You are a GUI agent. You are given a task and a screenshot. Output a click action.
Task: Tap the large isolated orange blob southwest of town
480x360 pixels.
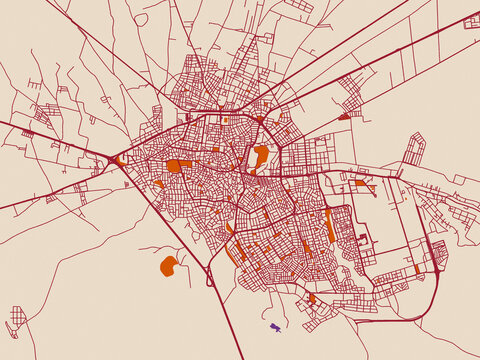pos(168,265)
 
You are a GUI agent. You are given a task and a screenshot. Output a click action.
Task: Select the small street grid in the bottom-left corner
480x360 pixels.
pos(16,317)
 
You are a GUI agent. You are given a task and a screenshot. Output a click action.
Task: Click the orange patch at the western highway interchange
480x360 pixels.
pos(121,159)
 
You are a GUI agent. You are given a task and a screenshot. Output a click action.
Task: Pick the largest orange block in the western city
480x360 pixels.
pos(175,166)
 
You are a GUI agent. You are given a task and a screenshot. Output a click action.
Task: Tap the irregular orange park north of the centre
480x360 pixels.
pos(260,156)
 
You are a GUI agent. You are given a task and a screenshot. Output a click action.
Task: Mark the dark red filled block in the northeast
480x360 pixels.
pos(344,116)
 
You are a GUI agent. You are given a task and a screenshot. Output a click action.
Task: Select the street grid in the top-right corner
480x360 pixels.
pos(471,21)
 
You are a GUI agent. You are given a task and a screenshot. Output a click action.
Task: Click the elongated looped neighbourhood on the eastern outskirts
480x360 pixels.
pos(414,150)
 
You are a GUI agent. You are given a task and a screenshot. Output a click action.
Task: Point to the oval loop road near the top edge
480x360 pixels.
pos(141,19)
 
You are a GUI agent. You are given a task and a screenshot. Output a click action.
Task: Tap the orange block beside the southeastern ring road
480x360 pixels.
pos(418,269)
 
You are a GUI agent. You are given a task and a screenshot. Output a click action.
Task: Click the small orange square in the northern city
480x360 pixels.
pos(226,120)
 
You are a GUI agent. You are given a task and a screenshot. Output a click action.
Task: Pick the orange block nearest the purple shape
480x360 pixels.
pos(312,298)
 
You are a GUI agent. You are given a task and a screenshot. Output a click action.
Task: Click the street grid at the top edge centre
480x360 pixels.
pos(298,5)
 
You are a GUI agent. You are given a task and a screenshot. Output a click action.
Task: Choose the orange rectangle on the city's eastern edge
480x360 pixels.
pos(360,183)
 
